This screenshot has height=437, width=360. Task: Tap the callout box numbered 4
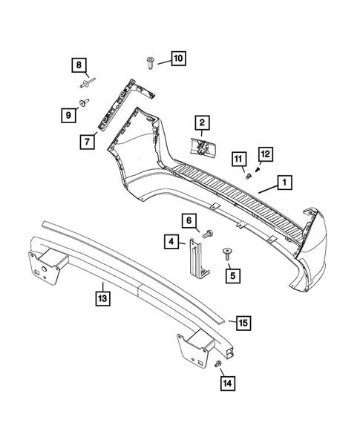coord(172,240)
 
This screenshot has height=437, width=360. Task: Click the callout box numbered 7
coord(88,140)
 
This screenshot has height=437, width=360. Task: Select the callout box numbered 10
coord(177,57)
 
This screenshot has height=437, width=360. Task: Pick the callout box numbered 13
coord(102,299)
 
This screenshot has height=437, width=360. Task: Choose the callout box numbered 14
coord(226,383)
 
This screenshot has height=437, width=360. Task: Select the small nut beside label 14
coord(216,364)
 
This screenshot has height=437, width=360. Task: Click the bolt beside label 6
coord(207,233)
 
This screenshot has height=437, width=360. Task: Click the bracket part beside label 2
coord(203,145)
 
